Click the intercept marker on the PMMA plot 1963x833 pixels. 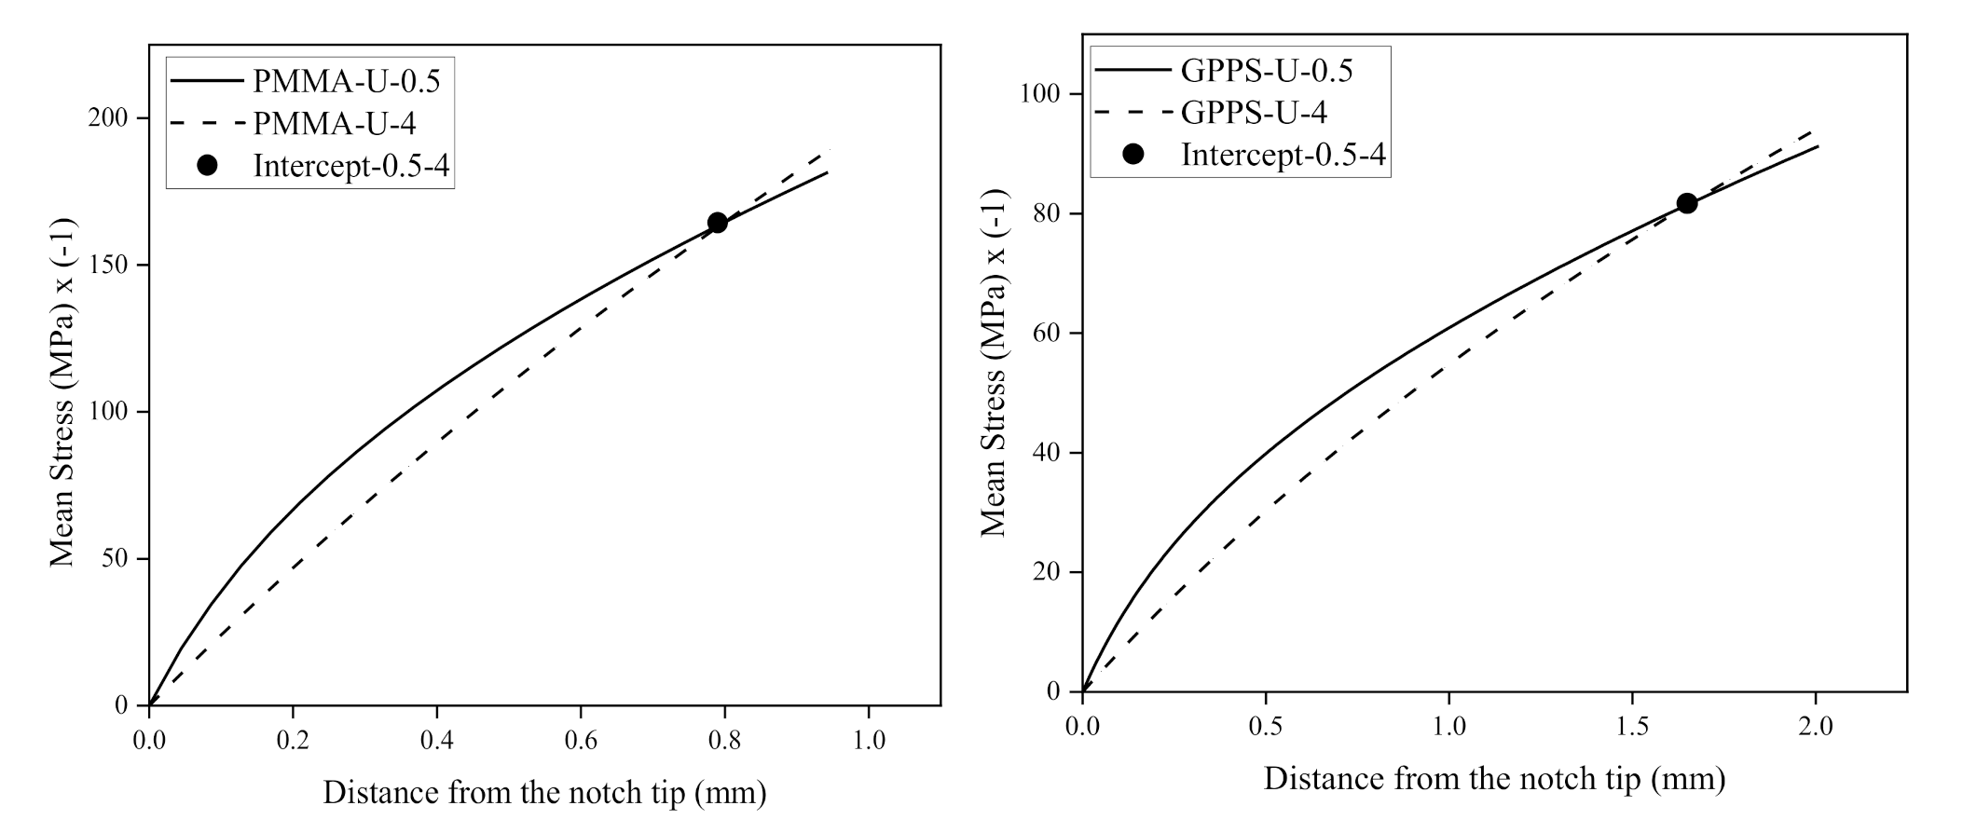click(717, 223)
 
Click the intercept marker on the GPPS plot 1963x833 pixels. click(1686, 203)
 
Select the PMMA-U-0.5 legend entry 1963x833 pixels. click(347, 81)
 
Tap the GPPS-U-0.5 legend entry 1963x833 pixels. click(1266, 70)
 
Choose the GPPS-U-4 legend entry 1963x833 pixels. click(1254, 112)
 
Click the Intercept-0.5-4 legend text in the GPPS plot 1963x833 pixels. click(1283, 154)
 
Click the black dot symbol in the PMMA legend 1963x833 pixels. click(208, 165)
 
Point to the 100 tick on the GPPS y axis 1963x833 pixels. click(1043, 94)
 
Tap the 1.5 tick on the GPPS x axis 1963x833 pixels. click(1631, 726)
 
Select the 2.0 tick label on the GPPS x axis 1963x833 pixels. click(1815, 726)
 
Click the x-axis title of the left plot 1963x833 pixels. click(544, 793)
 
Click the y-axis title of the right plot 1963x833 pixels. click(995, 362)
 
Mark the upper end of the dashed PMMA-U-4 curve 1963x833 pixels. click(828, 151)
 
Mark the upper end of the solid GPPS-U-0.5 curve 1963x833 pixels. click(1818, 146)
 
